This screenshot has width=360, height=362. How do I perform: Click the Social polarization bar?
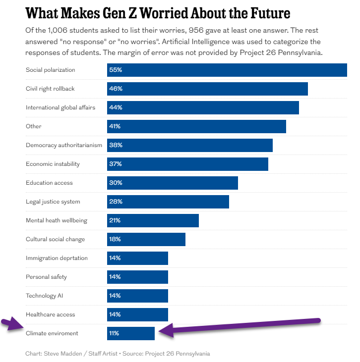click(x=227, y=70)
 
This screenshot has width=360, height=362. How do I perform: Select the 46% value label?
click(x=116, y=89)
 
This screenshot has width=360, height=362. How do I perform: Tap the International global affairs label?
click(x=60, y=107)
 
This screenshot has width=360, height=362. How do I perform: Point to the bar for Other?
click(x=196, y=126)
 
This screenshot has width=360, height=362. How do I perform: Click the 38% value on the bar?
click(x=116, y=145)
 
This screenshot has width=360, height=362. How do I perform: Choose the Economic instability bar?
click(x=187, y=164)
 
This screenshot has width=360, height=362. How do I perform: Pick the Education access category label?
click(x=49, y=183)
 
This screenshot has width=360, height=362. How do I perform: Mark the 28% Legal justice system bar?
click(x=168, y=202)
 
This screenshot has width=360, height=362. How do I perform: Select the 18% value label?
click(x=115, y=239)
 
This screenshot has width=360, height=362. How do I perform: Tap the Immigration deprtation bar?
click(x=137, y=258)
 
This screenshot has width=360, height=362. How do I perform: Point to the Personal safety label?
click(x=46, y=277)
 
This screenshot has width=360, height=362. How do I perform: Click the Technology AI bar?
click(x=137, y=296)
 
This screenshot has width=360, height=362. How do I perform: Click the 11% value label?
click(x=114, y=333)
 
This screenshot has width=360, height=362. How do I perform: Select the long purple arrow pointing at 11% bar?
click(x=243, y=325)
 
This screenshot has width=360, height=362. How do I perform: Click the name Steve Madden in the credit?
click(x=62, y=354)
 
